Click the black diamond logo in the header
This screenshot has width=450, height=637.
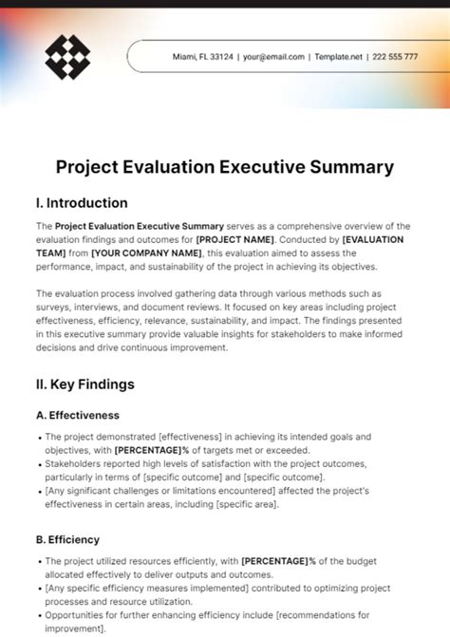click(67, 57)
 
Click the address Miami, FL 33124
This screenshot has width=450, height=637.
click(202, 57)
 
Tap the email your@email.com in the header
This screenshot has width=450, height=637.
click(274, 57)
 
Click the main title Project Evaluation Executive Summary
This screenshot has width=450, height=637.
click(224, 167)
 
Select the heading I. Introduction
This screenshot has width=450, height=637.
click(81, 203)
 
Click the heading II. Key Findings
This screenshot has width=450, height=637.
click(84, 384)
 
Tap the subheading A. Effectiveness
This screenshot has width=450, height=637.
click(77, 415)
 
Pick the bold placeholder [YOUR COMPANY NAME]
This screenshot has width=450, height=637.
click(147, 253)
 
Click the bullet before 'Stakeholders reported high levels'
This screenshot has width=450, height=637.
click(39, 464)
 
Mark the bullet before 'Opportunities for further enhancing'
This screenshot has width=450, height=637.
click(39, 616)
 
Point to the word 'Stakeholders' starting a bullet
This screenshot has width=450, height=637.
click(75, 464)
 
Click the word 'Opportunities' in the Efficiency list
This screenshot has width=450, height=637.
click(77, 616)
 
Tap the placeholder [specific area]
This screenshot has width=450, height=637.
click(246, 504)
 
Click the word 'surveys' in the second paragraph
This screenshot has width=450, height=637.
click(56, 308)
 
